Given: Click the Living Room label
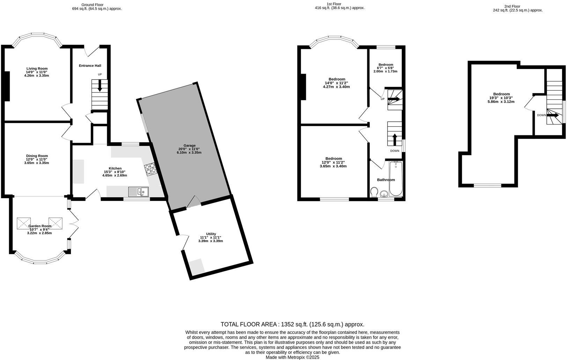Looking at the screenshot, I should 37,69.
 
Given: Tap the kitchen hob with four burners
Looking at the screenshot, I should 150,169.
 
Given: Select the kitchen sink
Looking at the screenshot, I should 138,192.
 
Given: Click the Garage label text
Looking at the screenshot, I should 190,145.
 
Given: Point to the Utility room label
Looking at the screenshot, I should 211,234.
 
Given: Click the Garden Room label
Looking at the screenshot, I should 40,226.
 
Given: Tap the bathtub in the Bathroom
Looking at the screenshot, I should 396,178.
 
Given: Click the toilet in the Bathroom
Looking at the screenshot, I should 374,192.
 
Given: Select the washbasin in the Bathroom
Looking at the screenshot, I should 384,194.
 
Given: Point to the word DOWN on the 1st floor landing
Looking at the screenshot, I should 395,151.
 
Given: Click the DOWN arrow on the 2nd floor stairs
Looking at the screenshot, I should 552,115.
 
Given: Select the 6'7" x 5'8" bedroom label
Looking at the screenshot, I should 386,65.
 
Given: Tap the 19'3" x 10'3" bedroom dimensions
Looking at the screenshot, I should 501,98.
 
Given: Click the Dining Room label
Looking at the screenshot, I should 37,156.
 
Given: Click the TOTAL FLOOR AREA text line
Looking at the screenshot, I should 292,324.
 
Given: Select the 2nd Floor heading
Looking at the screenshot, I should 512,6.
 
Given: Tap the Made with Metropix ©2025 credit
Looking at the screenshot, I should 292,357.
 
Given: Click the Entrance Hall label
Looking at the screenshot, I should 90,66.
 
